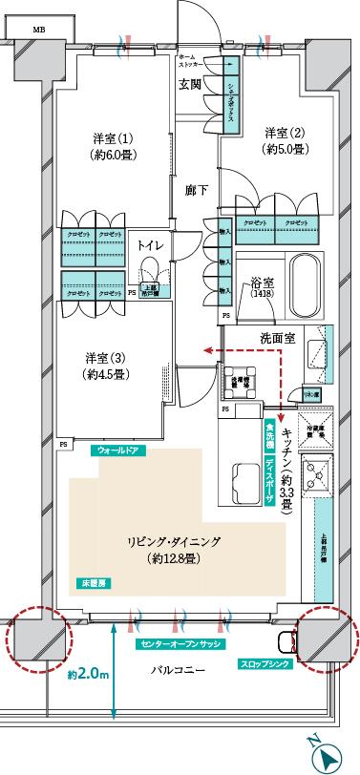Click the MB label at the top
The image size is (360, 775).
pos(38,31)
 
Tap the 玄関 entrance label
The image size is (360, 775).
pos(190,84)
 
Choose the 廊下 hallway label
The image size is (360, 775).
pos(197,189)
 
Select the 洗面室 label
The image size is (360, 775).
pos(277,338)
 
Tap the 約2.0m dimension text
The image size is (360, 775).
pos(89,674)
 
